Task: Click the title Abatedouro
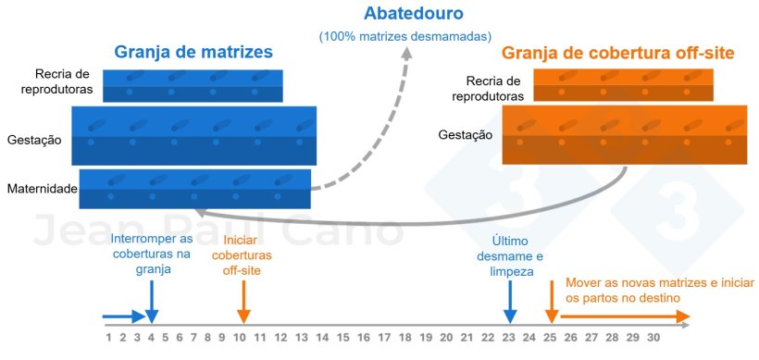[x=413, y=15]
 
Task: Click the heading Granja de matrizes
[x=193, y=53]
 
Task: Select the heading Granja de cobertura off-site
[x=617, y=54]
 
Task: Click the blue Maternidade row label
[x=43, y=189]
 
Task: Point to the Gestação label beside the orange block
[x=466, y=134]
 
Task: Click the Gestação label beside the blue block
[x=34, y=140]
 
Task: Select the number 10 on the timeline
[x=241, y=338]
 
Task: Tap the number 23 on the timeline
[x=508, y=338]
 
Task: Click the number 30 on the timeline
[x=653, y=338]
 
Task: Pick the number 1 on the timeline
[x=109, y=338]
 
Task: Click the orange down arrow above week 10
[x=243, y=298]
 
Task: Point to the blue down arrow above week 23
[x=508, y=298]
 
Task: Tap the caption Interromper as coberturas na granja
[x=153, y=254]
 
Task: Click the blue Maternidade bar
[x=195, y=188]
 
